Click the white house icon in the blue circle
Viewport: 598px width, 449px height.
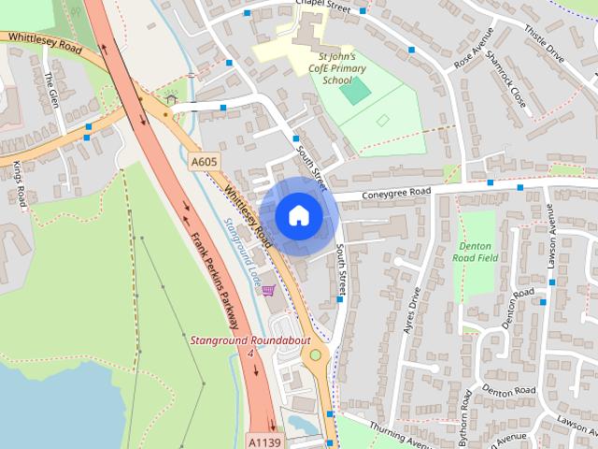click(x=298, y=215)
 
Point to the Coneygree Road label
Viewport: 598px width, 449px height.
click(x=398, y=192)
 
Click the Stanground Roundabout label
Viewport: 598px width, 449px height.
click(x=249, y=340)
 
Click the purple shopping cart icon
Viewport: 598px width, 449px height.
click(x=268, y=291)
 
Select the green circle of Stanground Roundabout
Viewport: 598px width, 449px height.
click(x=316, y=355)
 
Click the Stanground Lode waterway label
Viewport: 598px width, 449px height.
click(x=241, y=252)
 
